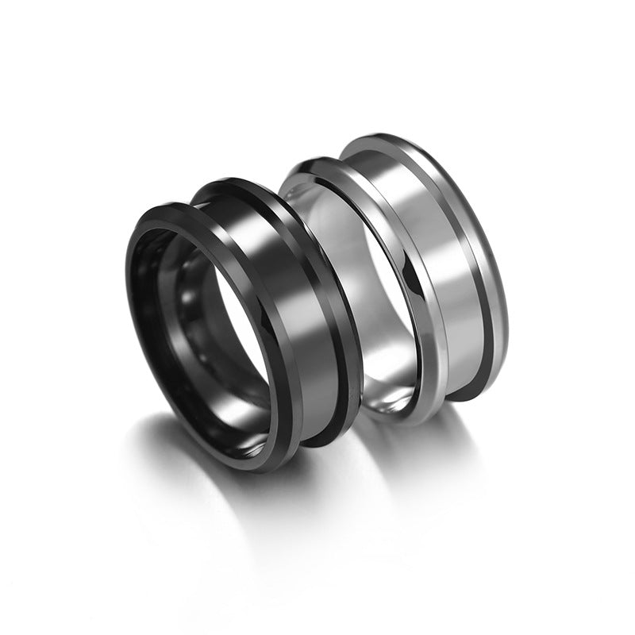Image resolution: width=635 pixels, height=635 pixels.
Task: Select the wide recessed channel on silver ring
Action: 444,262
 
